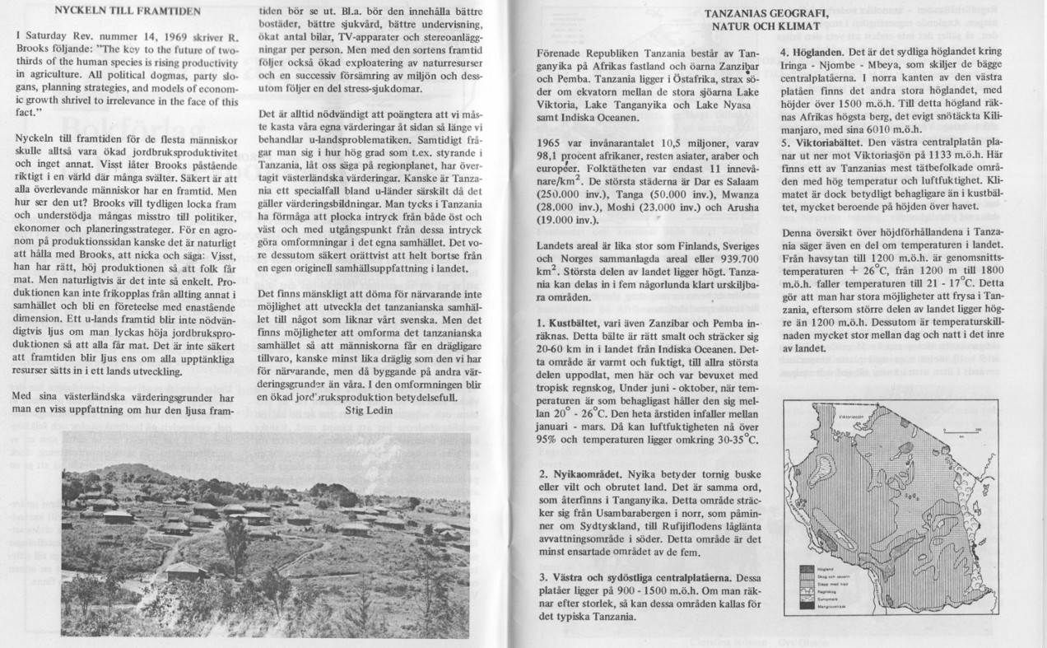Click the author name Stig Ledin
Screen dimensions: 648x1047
(370, 408)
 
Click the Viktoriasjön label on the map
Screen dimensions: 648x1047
(850, 417)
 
